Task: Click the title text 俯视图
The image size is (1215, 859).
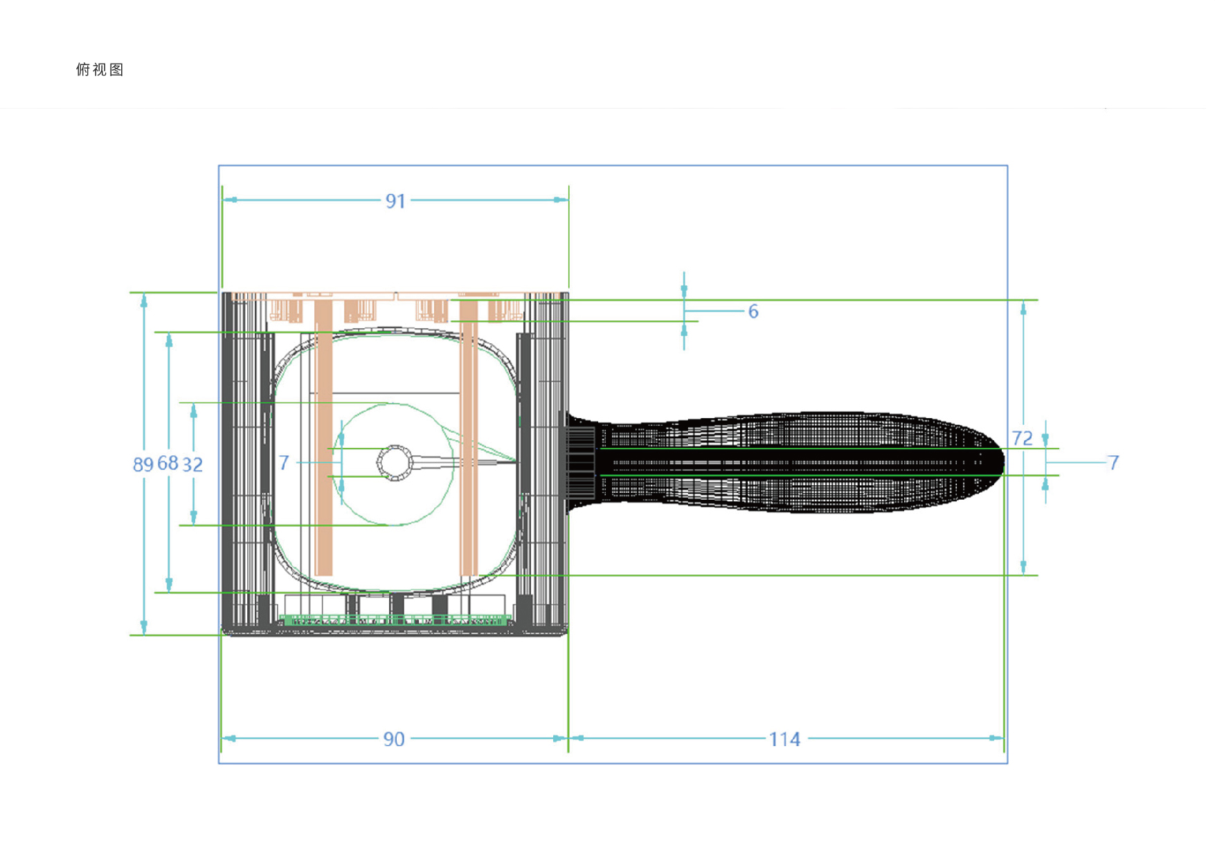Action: [x=100, y=69]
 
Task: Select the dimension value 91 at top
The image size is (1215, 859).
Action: [x=395, y=201]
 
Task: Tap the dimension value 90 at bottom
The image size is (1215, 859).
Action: [x=394, y=739]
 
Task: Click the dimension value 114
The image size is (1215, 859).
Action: [x=784, y=739]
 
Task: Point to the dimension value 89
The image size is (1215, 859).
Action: [x=143, y=464]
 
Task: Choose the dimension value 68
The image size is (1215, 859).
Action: [x=168, y=463]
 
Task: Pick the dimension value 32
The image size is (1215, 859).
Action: [x=192, y=464]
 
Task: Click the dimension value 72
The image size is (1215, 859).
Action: [x=1022, y=438]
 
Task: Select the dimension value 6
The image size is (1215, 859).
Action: [x=753, y=311]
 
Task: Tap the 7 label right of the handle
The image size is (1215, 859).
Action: [x=1113, y=462]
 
